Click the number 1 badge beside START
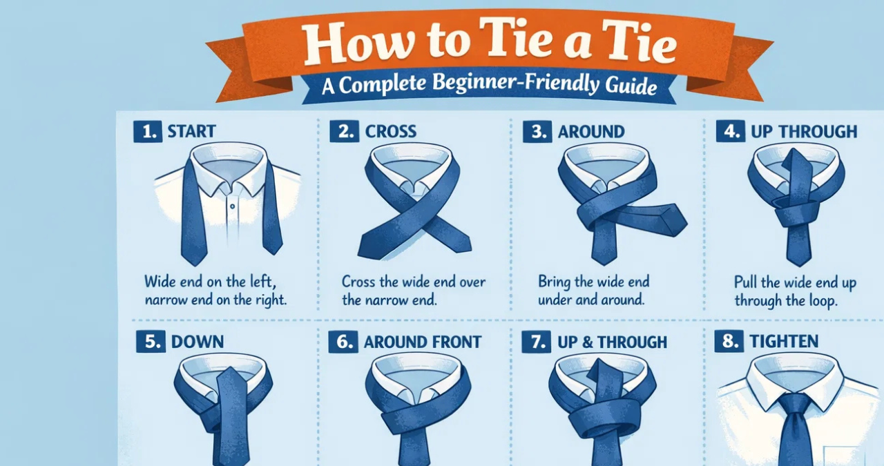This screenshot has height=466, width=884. (x=148, y=131)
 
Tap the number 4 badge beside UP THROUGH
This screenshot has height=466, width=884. (x=731, y=131)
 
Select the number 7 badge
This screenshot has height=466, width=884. (x=536, y=342)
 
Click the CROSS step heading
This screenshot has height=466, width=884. (x=391, y=131)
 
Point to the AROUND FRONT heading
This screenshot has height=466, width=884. (x=422, y=342)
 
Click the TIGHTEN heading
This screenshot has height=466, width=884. (x=784, y=341)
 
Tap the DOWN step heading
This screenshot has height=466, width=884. (x=198, y=342)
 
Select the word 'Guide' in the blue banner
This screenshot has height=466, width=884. (x=631, y=86)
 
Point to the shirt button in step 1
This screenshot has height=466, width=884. (x=233, y=206)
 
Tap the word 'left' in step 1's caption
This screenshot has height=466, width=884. (x=263, y=282)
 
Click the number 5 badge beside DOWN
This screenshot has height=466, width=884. (x=151, y=342)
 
